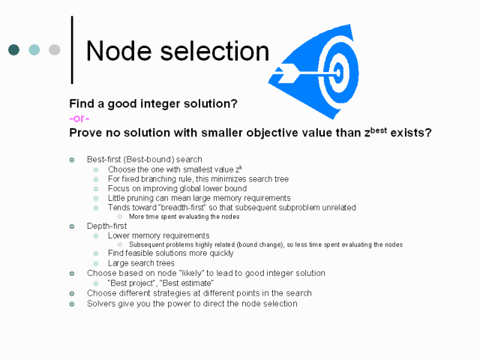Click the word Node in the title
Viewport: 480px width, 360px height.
(119, 51)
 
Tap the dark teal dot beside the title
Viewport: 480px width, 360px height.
(13, 49)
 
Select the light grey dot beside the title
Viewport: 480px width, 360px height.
(55, 49)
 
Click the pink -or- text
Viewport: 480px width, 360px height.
(79, 118)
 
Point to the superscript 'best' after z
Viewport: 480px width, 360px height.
(379, 130)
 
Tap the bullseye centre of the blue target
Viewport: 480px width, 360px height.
(338, 73)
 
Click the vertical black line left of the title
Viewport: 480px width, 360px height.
(72, 50)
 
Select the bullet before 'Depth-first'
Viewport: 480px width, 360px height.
(72, 226)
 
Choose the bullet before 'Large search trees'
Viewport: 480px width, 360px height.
(96, 263)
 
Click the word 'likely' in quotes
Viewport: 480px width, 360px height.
(192, 273)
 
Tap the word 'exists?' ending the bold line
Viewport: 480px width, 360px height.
(411, 133)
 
